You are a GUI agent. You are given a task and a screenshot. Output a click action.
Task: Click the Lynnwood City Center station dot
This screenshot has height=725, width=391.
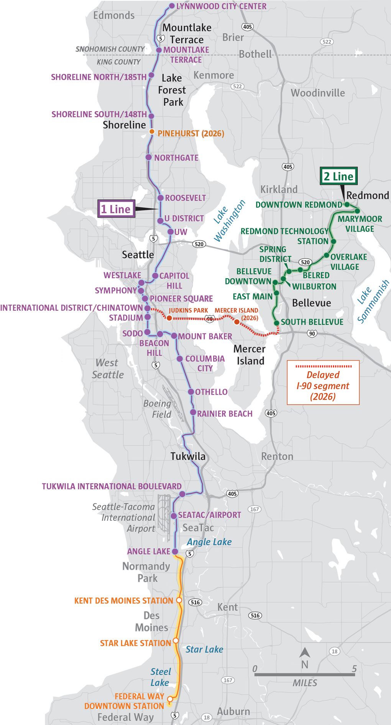[172, 6]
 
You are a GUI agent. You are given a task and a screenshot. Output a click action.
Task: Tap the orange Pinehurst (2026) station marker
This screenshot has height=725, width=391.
[152, 132]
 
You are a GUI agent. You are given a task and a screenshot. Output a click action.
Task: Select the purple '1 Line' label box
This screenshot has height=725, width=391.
[116, 209]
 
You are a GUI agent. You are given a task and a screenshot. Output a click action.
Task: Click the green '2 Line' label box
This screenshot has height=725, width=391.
[338, 176]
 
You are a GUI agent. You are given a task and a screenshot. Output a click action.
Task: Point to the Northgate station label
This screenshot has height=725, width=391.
[176, 158]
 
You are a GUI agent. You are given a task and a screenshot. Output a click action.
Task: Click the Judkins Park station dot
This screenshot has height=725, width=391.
[169, 318]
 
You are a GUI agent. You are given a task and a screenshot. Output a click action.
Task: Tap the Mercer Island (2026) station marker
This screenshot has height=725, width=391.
[237, 322]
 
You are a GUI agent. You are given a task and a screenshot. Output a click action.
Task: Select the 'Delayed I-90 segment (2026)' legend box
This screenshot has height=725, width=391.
[323, 382]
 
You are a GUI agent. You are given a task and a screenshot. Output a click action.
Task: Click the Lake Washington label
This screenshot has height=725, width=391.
[229, 221]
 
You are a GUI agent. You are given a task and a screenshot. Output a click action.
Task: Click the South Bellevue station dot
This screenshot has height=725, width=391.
[277, 323]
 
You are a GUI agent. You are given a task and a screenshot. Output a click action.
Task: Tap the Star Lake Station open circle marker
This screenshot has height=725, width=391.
[176, 640]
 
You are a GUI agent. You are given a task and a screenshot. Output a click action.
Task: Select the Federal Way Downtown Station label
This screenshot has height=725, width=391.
[124, 701]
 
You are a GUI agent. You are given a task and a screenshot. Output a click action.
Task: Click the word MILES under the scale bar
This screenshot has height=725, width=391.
[305, 683]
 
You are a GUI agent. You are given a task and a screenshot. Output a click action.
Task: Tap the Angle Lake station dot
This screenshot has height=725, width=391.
[175, 551]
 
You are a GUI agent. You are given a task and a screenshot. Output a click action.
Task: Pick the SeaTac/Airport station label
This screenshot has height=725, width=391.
[209, 515]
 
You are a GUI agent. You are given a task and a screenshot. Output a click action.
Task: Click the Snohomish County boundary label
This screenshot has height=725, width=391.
[110, 49]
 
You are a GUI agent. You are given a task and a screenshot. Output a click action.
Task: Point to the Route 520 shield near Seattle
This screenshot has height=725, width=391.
[199, 244]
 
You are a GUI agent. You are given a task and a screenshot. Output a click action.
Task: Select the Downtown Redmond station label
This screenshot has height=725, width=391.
[299, 205]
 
